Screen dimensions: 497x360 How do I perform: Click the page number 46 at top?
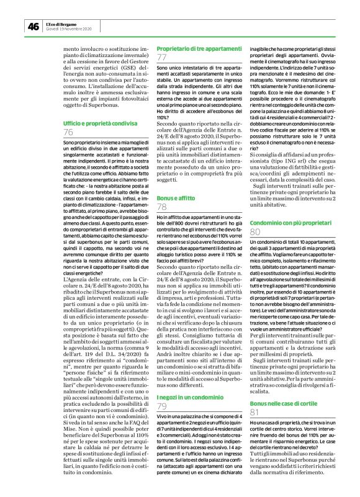[32, 26]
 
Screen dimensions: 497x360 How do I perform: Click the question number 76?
[69, 133]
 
